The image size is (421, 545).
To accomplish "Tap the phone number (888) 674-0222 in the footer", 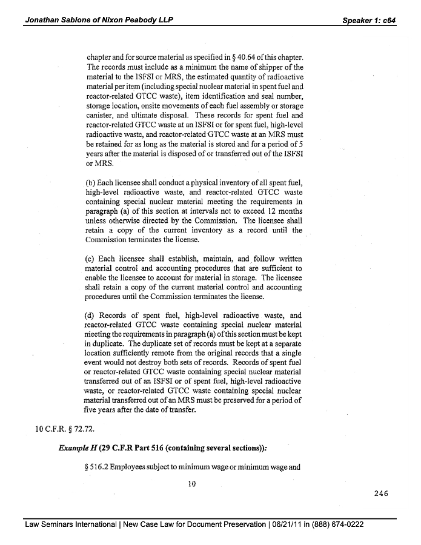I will (x=336, y=524).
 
